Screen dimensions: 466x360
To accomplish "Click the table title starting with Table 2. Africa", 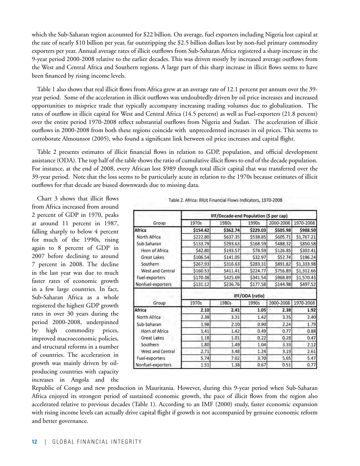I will (225, 200).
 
